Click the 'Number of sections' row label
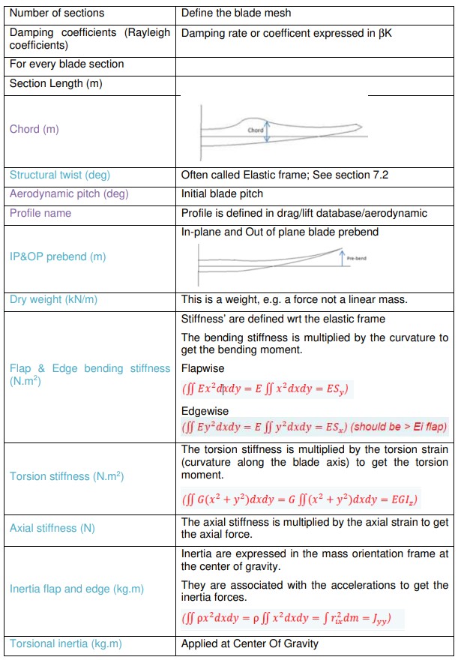57,13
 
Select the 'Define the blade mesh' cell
236,13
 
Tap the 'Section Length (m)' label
55,84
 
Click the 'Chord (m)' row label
34,129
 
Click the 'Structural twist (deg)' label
59,175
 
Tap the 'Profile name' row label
40,213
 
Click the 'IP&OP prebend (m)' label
58,256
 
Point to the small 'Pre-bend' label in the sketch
356,258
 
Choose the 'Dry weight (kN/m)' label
53,299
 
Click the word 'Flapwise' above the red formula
202,369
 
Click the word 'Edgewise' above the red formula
205,411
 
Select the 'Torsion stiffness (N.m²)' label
67,476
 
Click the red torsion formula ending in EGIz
300,498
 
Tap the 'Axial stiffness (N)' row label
52,528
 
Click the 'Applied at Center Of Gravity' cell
250,643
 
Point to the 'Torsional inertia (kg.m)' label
65,643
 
